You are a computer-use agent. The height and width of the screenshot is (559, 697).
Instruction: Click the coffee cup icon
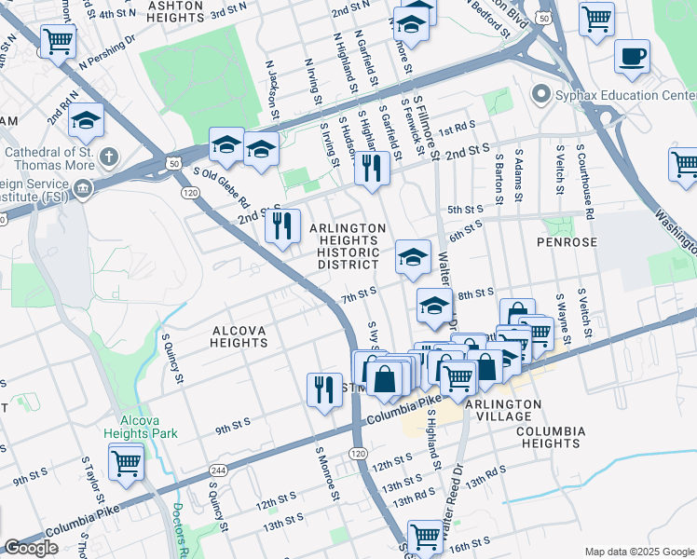point(632,55)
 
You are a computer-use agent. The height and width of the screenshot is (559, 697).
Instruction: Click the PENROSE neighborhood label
point(566,241)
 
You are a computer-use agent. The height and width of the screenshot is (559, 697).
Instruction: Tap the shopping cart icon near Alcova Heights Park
point(126,461)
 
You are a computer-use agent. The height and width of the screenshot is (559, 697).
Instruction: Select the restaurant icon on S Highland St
point(371,169)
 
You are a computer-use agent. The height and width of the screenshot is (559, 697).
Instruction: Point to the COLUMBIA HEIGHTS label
point(550,438)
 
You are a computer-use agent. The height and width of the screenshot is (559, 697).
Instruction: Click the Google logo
point(31,548)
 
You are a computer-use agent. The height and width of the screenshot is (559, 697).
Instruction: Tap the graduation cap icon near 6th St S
point(412,256)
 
